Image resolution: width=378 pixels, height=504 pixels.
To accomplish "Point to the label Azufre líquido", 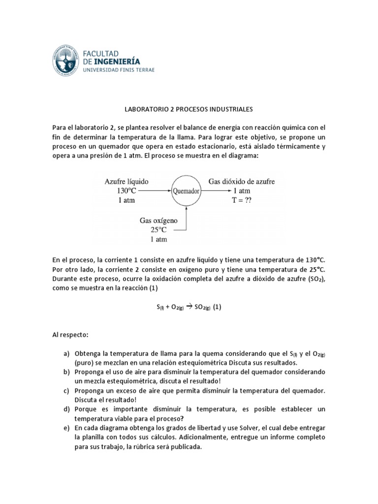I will pyautogui.click(x=126, y=181).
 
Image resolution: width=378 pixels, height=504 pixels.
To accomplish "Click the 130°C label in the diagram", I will pyautogui.click(x=126, y=190).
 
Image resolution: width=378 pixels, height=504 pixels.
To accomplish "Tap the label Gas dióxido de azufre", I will pyautogui.click(x=242, y=181).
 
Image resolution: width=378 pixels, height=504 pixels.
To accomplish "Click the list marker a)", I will pyautogui.click(x=66, y=354).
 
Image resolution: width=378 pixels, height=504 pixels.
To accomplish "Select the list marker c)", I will pyautogui.click(x=66, y=390).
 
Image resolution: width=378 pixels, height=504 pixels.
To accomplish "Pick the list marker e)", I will pyautogui.click(x=66, y=427).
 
